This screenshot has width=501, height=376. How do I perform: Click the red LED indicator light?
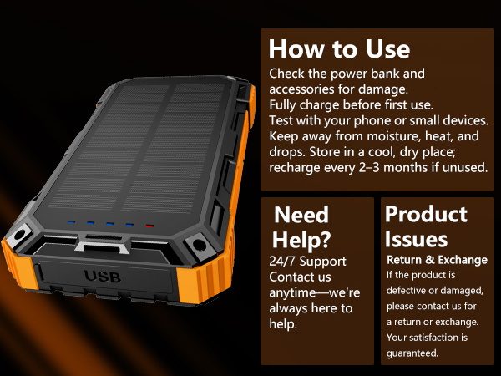coord(149,226)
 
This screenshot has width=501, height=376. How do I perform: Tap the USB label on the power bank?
coord(103,277)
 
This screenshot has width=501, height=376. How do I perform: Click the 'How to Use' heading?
coord(339,49)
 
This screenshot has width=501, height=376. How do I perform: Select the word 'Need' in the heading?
coord(301,215)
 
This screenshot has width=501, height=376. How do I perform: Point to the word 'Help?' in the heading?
coord(301,240)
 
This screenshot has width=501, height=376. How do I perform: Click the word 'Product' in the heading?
coord(426,215)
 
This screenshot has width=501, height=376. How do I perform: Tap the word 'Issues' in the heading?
coord(416,240)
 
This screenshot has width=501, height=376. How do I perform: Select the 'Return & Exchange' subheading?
coord(437,260)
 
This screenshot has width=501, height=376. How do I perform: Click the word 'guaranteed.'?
coord(412,353)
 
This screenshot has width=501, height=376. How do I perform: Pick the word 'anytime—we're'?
coord(315,293)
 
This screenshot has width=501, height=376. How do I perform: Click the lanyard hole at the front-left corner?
coord(19,234)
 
